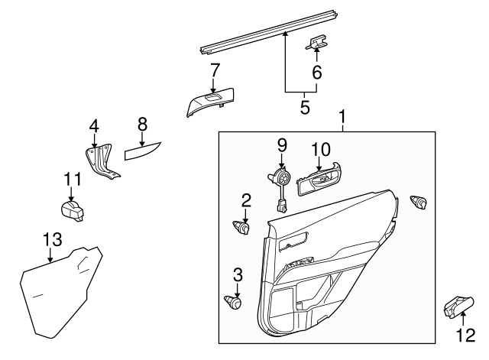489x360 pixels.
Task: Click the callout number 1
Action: [343, 118]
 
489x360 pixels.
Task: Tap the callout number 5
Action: [304, 106]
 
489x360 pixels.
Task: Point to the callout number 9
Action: [281, 144]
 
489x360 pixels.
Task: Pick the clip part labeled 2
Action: [242, 227]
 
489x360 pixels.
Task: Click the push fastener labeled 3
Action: [233, 303]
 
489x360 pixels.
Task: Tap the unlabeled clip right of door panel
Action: [419, 203]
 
